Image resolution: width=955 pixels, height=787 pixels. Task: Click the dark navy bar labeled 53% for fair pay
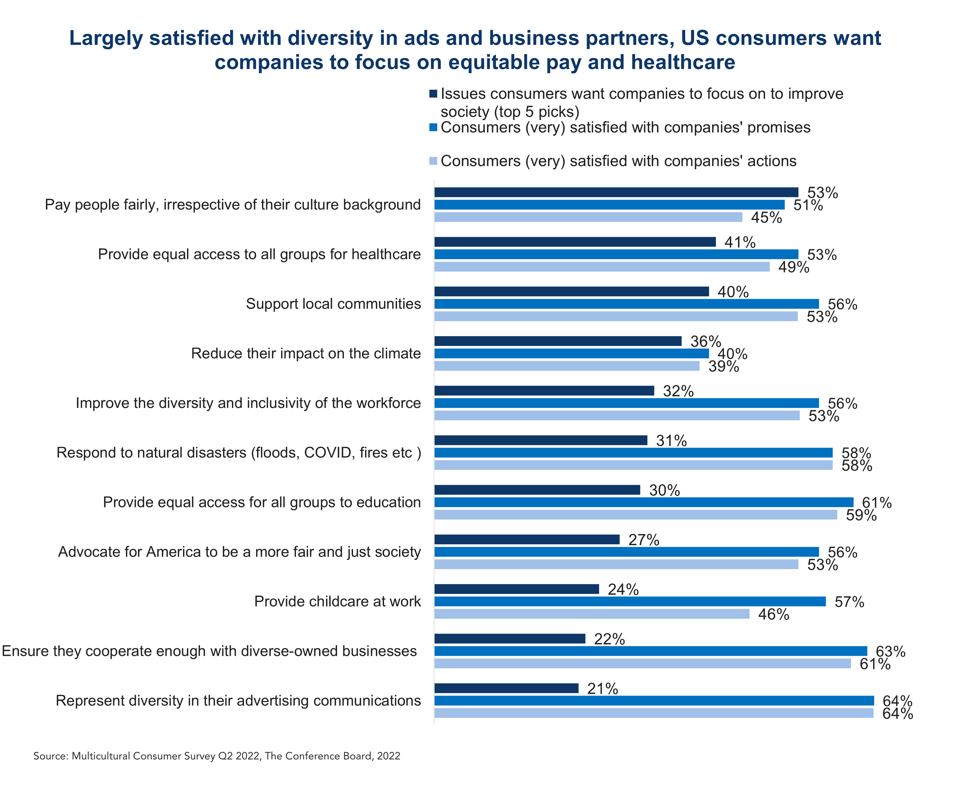point(616,192)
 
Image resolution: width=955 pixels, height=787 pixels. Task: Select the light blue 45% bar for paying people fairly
point(588,217)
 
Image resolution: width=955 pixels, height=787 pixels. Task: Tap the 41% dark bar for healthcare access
point(575,242)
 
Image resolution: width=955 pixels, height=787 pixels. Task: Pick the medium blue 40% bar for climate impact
point(571,354)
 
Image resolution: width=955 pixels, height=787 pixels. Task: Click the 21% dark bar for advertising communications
point(506,688)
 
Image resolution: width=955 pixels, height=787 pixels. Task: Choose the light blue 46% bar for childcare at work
point(592,614)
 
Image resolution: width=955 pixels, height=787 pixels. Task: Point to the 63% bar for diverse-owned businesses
point(650,651)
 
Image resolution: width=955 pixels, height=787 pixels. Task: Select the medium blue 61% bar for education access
point(644,502)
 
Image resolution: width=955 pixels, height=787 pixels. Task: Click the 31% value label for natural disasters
point(671,440)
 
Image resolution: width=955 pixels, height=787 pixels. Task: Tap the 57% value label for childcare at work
point(849,602)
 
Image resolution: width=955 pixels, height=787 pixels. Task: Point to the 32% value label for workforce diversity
point(678,391)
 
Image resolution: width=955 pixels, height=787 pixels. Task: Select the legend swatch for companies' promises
point(433,127)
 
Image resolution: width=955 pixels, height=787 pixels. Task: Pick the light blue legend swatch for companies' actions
point(433,161)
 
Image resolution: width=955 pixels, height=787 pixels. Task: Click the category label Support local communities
point(333,304)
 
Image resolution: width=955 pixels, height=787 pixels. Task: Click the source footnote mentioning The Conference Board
point(217,756)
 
